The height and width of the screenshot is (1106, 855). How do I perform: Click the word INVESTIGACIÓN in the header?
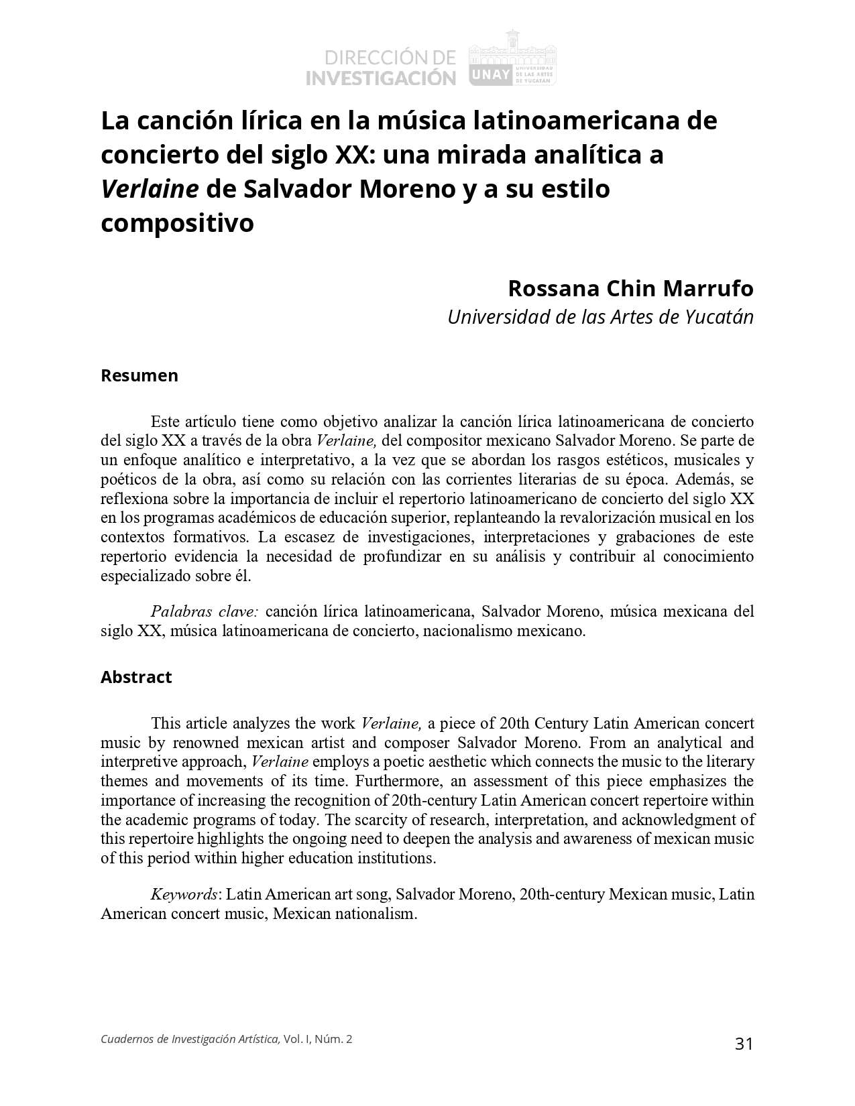coord(380,78)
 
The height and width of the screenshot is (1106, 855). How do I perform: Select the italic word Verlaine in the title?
coord(150,189)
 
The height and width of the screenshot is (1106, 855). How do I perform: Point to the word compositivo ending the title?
coord(177,223)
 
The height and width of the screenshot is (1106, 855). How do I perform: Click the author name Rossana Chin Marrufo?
coord(630,288)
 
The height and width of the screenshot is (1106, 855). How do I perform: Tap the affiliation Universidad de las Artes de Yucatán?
coord(600,316)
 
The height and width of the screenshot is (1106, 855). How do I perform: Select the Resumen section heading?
coord(139,375)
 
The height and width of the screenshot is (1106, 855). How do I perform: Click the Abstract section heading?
coord(136,677)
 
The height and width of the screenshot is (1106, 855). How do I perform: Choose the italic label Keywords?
coord(184,894)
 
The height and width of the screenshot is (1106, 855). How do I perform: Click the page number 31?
coord(744,1044)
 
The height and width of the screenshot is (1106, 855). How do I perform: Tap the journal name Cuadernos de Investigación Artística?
coord(190,1039)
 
